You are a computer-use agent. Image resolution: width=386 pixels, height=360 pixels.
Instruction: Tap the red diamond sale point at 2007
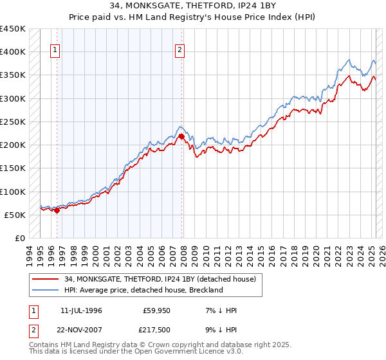click(x=182, y=136)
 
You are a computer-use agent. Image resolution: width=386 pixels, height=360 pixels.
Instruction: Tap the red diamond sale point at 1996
click(x=57, y=210)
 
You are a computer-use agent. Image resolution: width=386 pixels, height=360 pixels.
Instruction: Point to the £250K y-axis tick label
click(x=13, y=122)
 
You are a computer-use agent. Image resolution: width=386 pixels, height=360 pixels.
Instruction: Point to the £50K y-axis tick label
click(x=15, y=215)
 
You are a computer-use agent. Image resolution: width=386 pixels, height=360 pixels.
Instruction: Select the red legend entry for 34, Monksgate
click(x=160, y=278)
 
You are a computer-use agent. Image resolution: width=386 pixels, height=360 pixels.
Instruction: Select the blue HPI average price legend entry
click(x=143, y=290)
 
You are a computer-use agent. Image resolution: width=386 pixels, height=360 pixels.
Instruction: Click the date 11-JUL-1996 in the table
click(x=81, y=310)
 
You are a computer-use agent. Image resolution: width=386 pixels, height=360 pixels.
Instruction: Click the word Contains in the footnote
click(x=45, y=346)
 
